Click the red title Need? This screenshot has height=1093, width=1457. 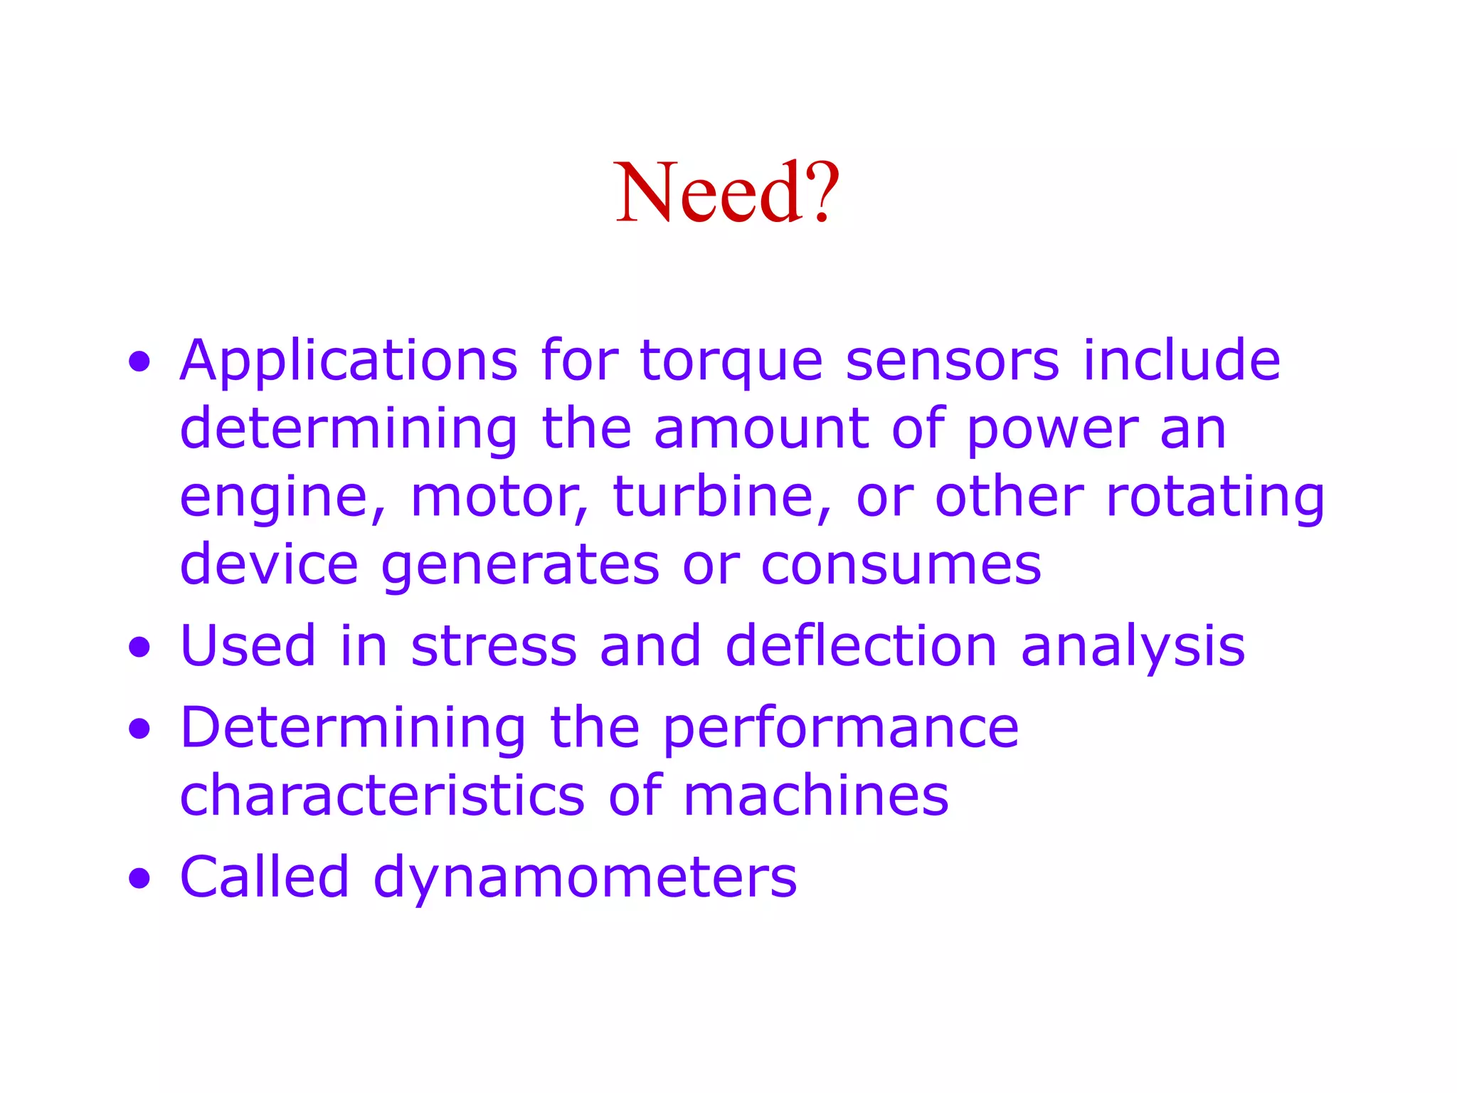point(727,192)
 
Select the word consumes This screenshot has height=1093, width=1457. point(901,565)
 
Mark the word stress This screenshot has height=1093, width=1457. point(494,646)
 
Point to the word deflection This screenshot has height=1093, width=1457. point(861,646)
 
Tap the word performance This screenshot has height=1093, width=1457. point(841,729)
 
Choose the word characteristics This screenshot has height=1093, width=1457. point(383,795)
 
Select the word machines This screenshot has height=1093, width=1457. point(816,795)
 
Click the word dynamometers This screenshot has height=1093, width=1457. point(585,878)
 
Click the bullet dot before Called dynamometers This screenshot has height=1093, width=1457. point(140,878)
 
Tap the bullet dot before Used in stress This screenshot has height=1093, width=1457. point(140,647)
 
